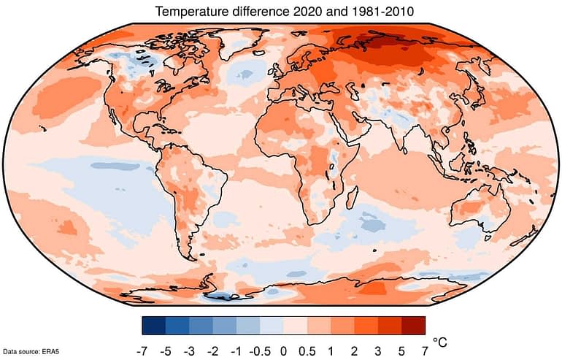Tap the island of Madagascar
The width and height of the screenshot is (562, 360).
tap(352, 197)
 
